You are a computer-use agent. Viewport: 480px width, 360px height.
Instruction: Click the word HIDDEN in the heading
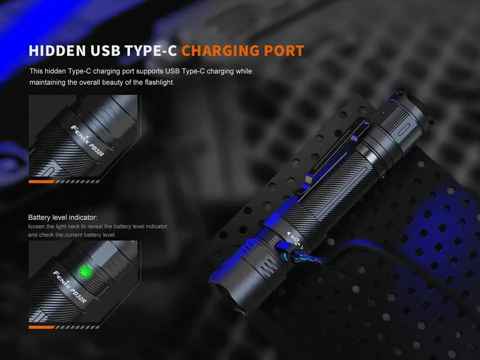tap(56, 50)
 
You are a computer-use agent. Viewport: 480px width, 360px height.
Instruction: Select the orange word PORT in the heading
tap(284, 50)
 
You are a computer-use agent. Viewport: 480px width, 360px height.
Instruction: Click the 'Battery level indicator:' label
tap(62, 217)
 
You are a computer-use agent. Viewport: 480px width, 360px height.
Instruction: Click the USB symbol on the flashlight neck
tap(294, 239)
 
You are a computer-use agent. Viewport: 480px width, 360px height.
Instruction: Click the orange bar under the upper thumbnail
tap(41, 181)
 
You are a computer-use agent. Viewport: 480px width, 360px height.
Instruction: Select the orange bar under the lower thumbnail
tap(41, 327)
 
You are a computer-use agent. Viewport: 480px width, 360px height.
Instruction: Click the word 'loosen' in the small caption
tap(36, 227)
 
